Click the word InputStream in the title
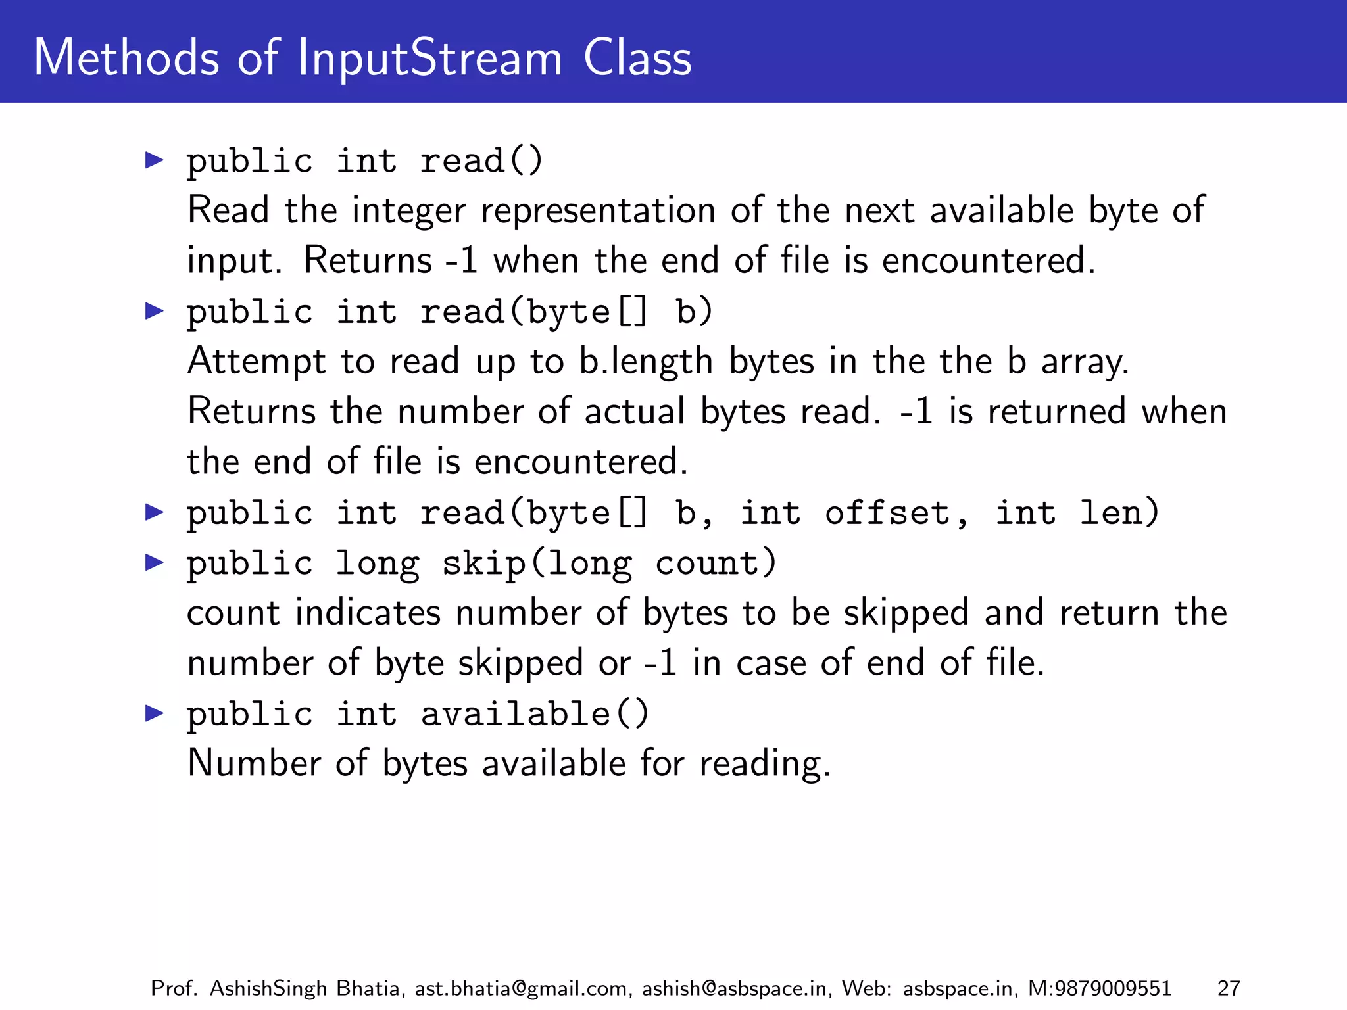pos(430,59)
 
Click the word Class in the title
pos(637,59)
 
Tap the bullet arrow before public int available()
pos(155,713)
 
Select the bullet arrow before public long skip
pos(155,562)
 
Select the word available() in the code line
pos(535,714)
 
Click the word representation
pos(598,211)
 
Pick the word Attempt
pos(257,362)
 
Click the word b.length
pos(646,362)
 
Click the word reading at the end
pos(764,765)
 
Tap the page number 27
pos(1229,988)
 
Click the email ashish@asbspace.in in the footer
pos(734,988)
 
